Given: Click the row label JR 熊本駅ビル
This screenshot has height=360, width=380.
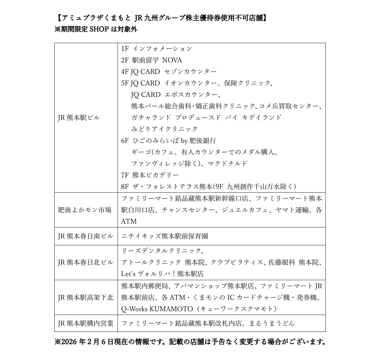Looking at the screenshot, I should pyautogui.click(x=79, y=118).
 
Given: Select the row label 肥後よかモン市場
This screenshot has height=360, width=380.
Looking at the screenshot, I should pyautogui.click(x=84, y=210).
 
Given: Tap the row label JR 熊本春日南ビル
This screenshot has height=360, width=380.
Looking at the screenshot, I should pyautogui.click(x=85, y=236).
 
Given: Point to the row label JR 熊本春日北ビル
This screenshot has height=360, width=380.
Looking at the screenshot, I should pyautogui.click(x=85, y=262).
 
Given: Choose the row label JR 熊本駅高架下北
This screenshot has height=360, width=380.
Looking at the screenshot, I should pyautogui.click(x=85, y=297).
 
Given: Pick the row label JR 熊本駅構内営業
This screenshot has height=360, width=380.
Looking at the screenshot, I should pyautogui.click(x=85, y=323).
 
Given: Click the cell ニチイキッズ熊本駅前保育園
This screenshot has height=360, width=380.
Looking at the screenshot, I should pyautogui.click(x=164, y=236).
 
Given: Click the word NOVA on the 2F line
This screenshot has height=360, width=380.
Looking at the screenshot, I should pyautogui.click(x=172, y=60).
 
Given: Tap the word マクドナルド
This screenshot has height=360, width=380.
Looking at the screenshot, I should pyautogui.click(x=227, y=164).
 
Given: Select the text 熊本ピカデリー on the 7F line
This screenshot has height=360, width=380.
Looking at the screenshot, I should pyautogui.click(x=155, y=175).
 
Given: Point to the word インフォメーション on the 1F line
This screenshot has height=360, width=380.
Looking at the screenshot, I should pyautogui.click(x=162, y=49).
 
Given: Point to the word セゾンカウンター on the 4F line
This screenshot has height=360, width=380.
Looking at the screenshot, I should pyautogui.click(x=190, y=72).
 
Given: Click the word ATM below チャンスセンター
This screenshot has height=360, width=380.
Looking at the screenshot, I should pyautogui.click(x=129, y=221).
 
